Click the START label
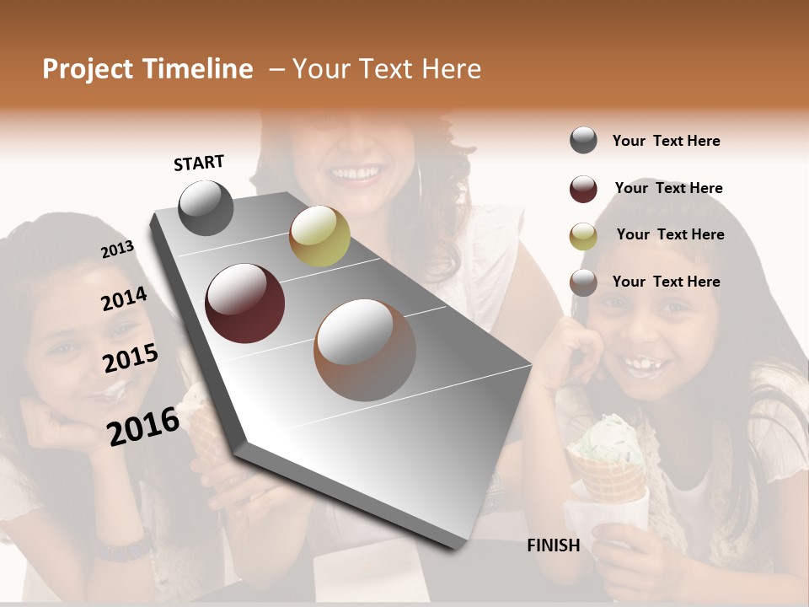tap(199, 163)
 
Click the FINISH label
tap(553, 545)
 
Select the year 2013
tap(118, 250)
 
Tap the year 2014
tap(125, 299)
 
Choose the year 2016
tap(143, 426)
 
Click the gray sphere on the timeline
tap(206, 208)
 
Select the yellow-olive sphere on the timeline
tap(319, 236)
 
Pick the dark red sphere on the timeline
tap(245, 303)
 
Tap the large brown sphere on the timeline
tap(365, 349)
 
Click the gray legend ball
tap(583, 141)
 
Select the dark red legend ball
tap(583, 189)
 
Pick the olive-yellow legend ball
tap(583, 236)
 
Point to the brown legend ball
tap(583, 282)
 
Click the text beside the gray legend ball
tap(666, 141)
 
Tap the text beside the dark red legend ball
tap(668, 188)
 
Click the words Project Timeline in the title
tap(147, 69)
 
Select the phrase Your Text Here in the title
tap(386, 69)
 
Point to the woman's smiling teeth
tap(355, 175)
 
